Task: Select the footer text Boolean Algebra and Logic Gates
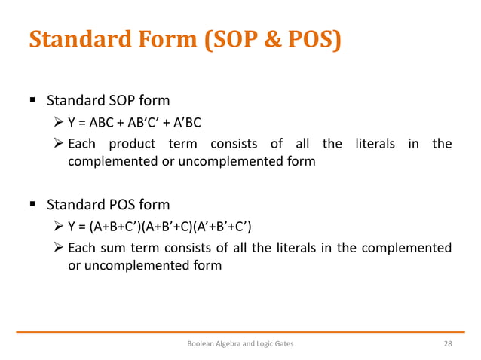click(240, 343)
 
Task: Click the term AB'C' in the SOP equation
click(142, 123)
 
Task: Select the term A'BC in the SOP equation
click(184, 123)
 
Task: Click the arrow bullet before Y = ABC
click(60, 123)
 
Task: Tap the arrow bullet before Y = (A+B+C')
click(60, 227)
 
